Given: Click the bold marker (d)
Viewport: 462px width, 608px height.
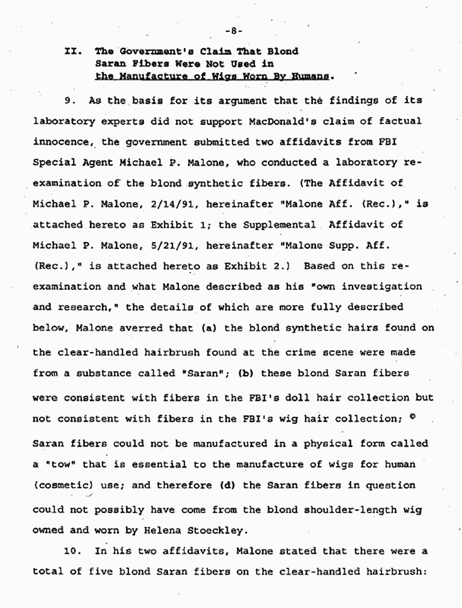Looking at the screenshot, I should [228, 485].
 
